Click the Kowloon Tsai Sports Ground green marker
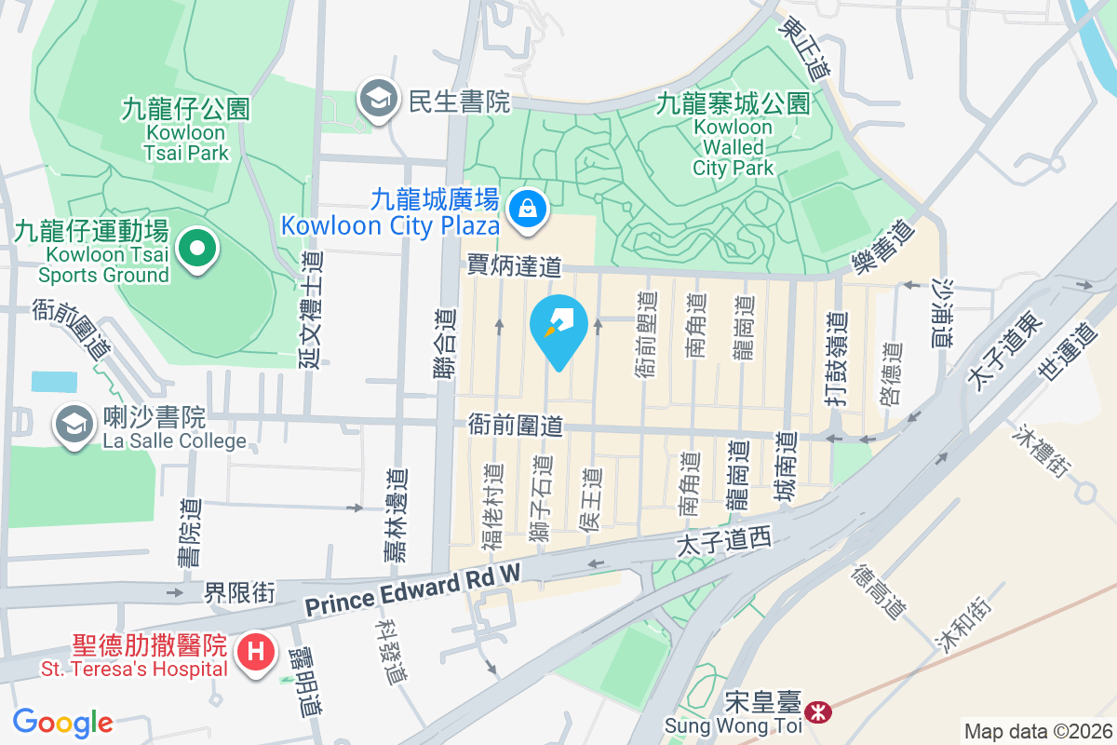point(197,249)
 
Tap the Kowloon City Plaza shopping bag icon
point(528,206)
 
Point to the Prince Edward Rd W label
point(412,593)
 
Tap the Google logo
point(62,722)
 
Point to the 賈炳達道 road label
point(515,267)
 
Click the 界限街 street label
point(240,591)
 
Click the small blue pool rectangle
point(55,381)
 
